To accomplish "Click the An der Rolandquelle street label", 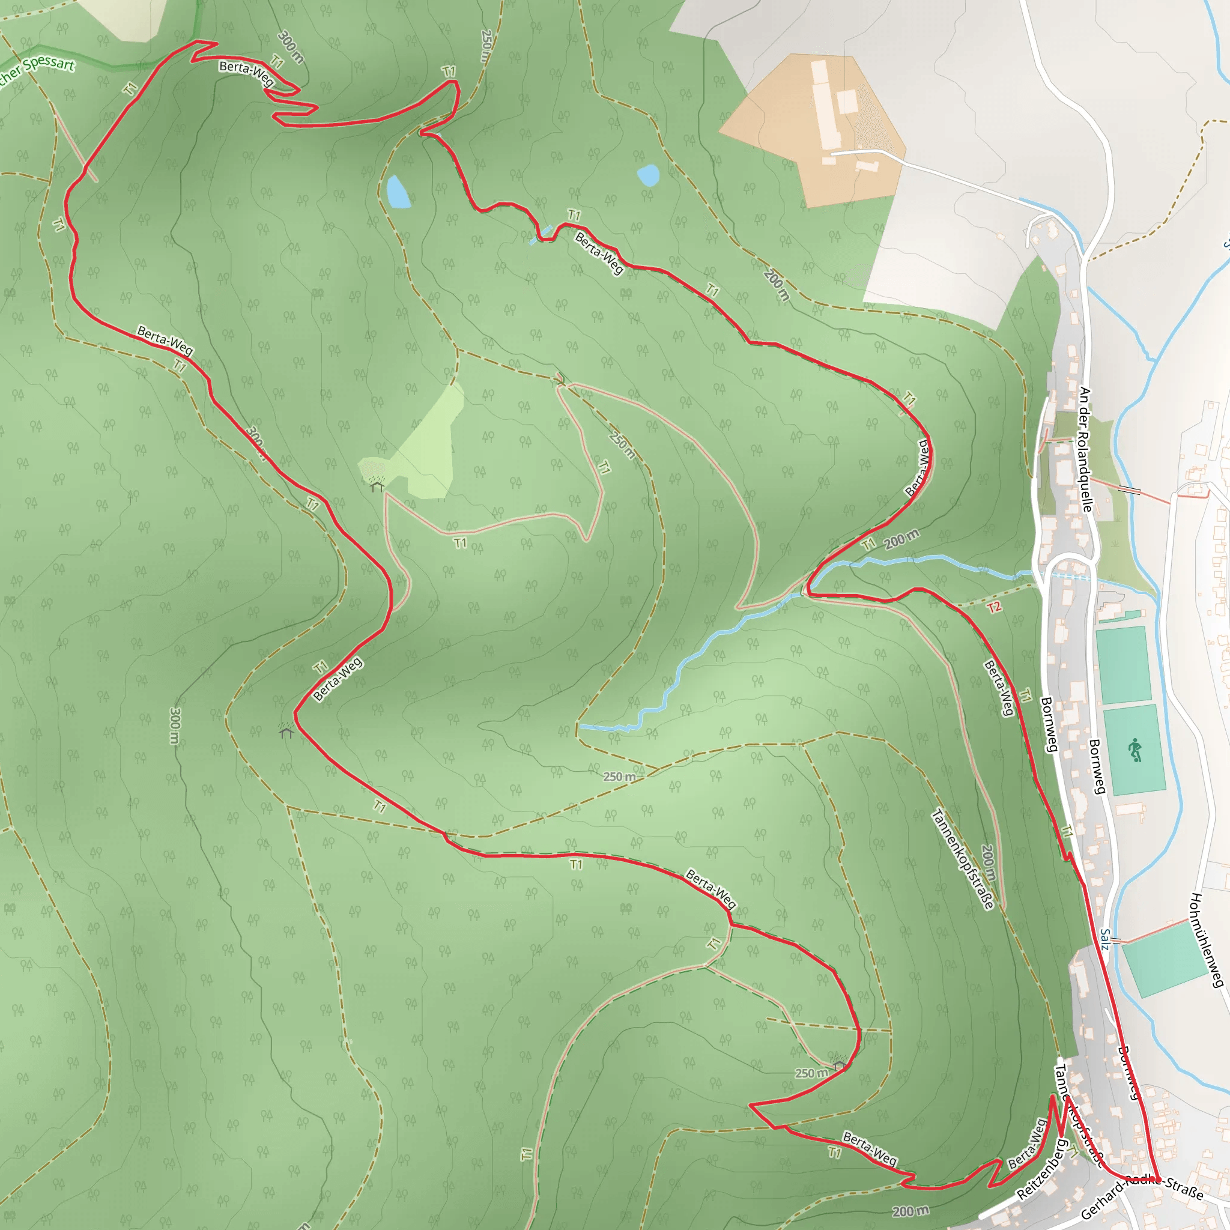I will pos(1085,449).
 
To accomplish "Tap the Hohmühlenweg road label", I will pos(1206,940).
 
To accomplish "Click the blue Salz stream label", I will pos(1106,939).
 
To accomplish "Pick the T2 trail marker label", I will pos(995,607).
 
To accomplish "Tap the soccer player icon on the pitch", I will pos(1135,750).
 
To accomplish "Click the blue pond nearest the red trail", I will pos(398,192).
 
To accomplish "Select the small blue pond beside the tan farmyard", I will pos(648,175).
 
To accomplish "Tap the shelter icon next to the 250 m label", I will pos(839,1063).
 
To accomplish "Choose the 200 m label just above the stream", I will pos(901,539).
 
